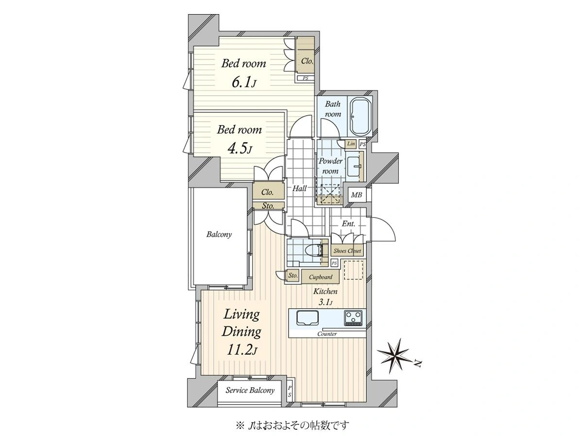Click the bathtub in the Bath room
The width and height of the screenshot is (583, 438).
tap(361, 116)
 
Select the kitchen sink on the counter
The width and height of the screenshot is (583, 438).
tap(308, 318)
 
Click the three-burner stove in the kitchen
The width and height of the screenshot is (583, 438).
tap(353, 318)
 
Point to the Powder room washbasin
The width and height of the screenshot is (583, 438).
tap(354, 166)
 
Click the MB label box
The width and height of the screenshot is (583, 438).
tap(357, 195)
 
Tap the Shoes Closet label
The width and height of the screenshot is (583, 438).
tap(347, 251)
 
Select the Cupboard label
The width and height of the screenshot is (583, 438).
tap(320, 277)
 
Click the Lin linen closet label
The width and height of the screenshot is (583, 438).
tap(351, 144)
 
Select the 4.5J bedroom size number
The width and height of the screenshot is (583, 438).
tap(240, 149)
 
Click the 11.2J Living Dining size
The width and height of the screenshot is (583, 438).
tap(241, 350)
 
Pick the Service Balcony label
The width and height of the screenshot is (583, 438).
tap(250, 390)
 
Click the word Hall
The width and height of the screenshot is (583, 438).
tap(299, 188)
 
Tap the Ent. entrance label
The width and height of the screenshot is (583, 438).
tap(348, 224)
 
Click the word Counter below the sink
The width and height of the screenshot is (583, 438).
tap(327, 334)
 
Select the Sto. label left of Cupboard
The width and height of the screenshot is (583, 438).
tap(292, 276)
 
